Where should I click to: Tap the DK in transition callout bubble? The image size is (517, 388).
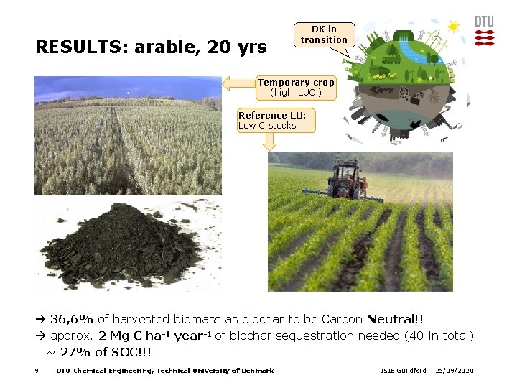(324, 34)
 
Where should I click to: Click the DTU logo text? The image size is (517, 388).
(484, 22)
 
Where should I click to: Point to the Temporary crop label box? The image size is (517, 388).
(296, 88)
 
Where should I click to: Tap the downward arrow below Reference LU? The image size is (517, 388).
(270, 142)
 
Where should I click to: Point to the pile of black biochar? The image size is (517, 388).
(122, 244)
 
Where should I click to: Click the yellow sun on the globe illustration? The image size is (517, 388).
(454, 27)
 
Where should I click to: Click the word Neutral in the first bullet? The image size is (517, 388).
(391, 319)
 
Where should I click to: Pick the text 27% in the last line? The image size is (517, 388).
(75, 352)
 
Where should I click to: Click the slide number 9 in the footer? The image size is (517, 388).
(36, 371)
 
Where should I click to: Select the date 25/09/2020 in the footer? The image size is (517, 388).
(455, 371)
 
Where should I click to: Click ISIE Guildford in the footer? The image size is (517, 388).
(403, 371)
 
